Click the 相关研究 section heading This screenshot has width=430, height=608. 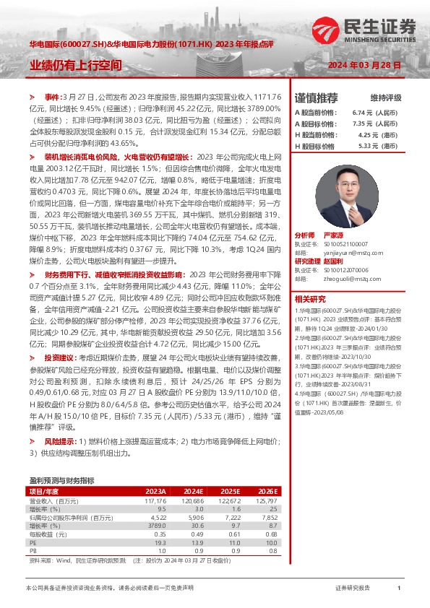[x=310, y=298]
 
